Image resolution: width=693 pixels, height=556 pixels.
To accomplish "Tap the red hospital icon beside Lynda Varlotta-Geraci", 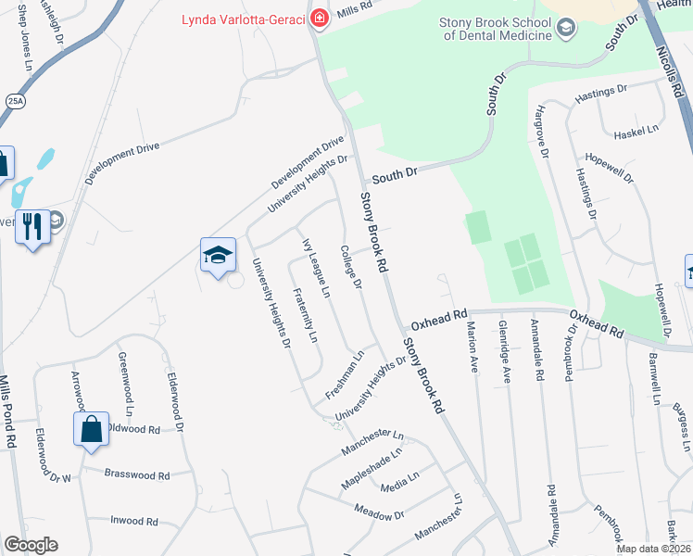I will tap(319, 19).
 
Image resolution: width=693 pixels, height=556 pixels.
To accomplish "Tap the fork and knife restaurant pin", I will tap(33, 224).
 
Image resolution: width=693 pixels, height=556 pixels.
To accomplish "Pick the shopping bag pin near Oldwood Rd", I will tap(91, 429).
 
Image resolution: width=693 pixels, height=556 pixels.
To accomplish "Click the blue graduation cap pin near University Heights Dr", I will tap(218, 257).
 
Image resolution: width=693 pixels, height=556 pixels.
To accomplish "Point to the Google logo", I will tap(31, 545).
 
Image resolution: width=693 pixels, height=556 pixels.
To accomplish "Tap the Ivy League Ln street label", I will tap(316, 268).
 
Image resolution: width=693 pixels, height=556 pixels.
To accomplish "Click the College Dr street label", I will tap(350, 267).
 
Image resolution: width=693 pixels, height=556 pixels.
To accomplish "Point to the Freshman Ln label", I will tap(345, 375).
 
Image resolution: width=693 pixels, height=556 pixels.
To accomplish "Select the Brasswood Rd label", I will tap(137, 474).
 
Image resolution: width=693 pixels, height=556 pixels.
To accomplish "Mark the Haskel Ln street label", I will tap(636, 132).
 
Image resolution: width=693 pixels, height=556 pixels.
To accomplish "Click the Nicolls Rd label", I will tap(669, 65).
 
